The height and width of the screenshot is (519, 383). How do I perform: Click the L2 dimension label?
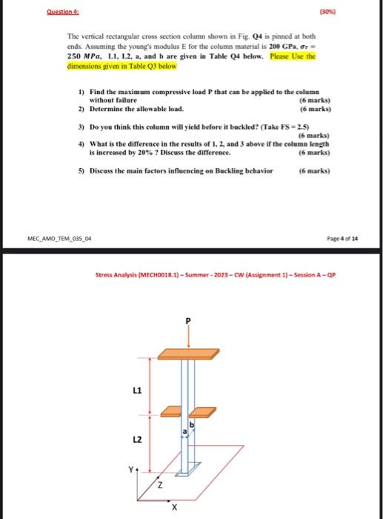(136, 440)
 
